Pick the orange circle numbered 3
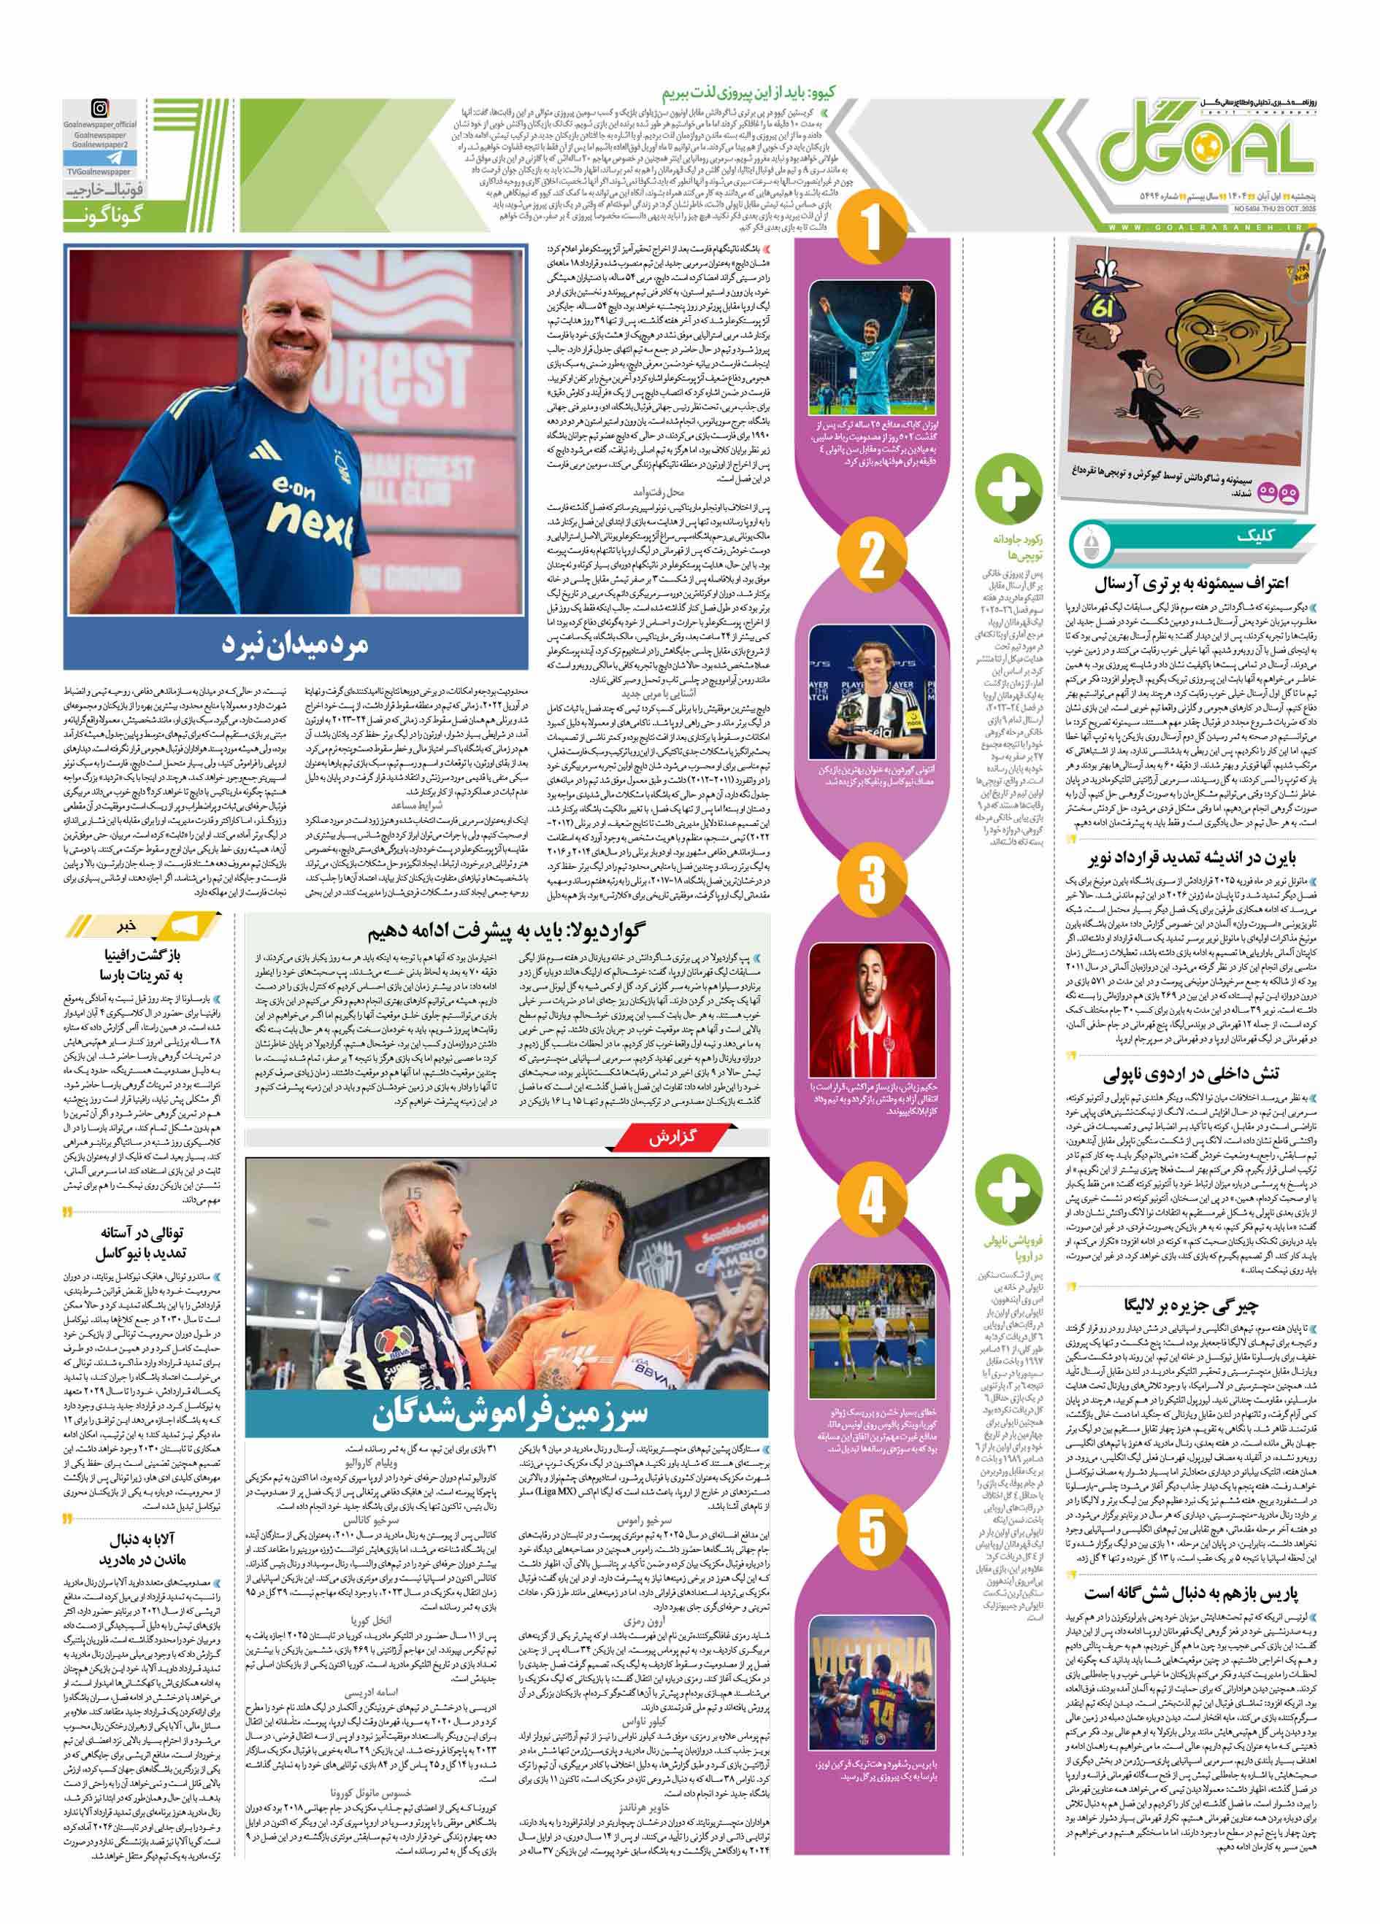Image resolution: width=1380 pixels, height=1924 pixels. pos(872,880)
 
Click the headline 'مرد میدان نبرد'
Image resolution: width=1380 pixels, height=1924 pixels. pos(296,644)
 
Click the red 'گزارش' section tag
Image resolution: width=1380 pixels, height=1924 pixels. pos(672,1137)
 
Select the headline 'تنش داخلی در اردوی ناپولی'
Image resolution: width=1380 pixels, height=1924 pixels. pos(1192,1074)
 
